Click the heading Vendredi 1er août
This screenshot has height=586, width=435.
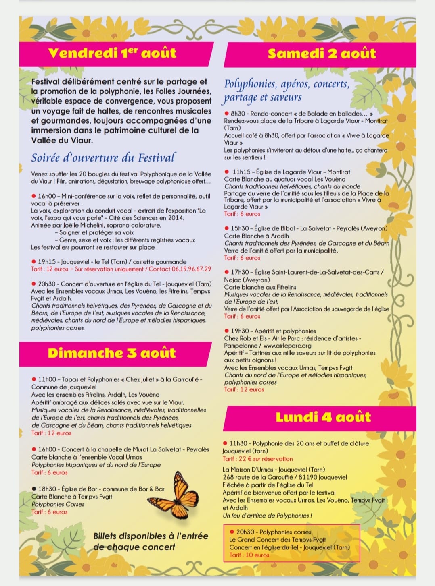[x=112, y=53]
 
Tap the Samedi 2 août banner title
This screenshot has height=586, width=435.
[x=322, y=54]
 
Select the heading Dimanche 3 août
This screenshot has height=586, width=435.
[x=112, y=353]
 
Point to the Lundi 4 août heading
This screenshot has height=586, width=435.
[x=323, y=417]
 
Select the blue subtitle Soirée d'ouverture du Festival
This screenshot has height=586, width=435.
[x=103, y=157]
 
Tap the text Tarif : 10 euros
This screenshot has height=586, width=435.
[x=249, y=555]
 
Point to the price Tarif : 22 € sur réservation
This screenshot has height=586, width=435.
[x=257, y=459]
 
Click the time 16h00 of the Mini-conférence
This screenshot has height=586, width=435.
[x=47, y=196]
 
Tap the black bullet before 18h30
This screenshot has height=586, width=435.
[x=34, y=489]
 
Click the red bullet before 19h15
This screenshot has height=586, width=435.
[x=34, y=262]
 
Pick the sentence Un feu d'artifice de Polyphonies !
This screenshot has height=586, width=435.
[x=267, y=516]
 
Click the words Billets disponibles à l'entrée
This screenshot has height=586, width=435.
[x=151, y=536]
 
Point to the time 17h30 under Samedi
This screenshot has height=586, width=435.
[x=240, y=272]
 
